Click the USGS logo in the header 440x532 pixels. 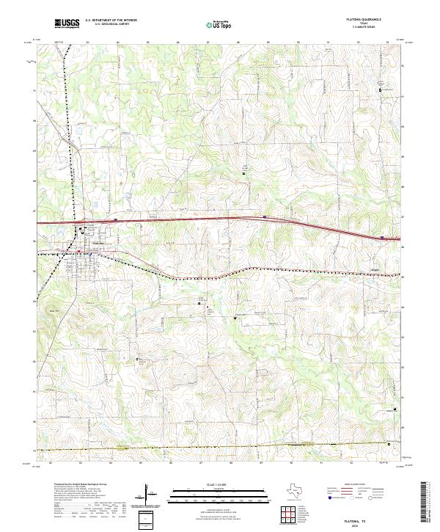pos(67,23)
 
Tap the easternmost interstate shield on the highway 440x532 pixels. pos(383,237)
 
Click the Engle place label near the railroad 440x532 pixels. pos(375,269)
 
